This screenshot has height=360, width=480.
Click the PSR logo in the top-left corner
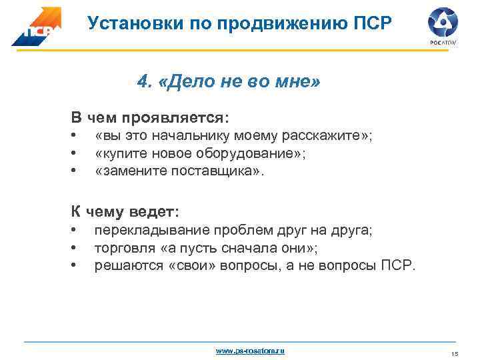(36, 26)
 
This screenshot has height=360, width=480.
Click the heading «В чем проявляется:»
(150, 117)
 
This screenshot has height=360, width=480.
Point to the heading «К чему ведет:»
(125, 212)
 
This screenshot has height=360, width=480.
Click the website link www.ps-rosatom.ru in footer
(249, 350)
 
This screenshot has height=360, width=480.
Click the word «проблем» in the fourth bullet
(236, 231)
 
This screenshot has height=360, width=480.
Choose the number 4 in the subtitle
(142, 83)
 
